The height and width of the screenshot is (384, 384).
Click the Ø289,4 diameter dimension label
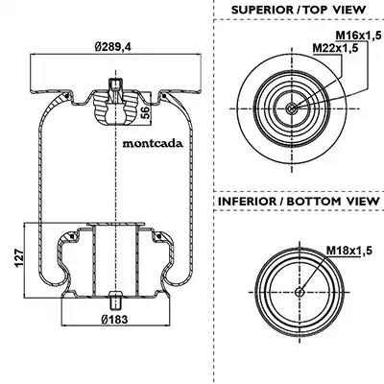point(113,47)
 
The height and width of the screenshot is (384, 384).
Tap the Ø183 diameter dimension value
point(114,319)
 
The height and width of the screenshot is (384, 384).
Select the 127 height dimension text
point(19,258)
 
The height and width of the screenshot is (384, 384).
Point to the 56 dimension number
point(145,112)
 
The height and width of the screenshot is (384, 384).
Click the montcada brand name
point(153,143)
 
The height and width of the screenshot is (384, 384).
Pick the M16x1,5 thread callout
point(358,36)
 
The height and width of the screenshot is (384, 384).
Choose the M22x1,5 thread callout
point(335,48)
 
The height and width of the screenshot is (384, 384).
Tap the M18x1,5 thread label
point(349,251)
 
